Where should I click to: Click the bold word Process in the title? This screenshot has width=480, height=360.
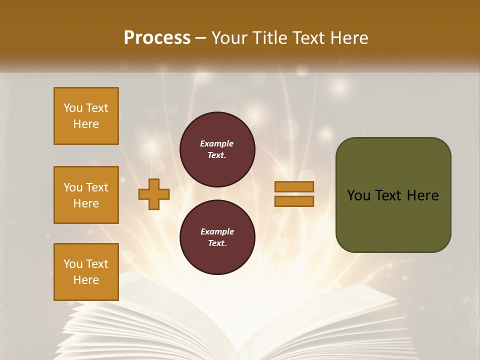(x=157, y=38)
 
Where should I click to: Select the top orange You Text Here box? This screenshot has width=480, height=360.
(x=86, y=116)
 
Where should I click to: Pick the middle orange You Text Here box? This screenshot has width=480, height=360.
(x=86, y=195)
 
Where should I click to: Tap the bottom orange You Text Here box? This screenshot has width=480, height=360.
(x=86, y=272)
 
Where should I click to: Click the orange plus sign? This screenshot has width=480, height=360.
(x=154, y=194)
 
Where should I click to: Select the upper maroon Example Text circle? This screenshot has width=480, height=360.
(x=217, y=149)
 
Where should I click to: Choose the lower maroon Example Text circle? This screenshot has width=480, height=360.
(x=217, y=237)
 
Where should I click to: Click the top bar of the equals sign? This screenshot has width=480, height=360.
(x=294, y=186)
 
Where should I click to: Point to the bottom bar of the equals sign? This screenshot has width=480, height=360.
(x=294, y=201)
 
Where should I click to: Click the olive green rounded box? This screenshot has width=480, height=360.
(x=393, y=220)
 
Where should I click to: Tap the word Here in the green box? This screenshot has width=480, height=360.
(x=422, y=195)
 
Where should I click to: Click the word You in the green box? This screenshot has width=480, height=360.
(x=358, y=195)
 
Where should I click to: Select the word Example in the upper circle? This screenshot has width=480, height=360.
(x=217, y=144)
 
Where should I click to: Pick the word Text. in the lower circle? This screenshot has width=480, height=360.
(x=217, y=243)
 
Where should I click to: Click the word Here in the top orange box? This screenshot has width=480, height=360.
(x=86, y=124)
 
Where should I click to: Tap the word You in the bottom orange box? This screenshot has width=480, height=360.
(x=73, y=264)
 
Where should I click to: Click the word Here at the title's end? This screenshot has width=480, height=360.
(x=350, y=38)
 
